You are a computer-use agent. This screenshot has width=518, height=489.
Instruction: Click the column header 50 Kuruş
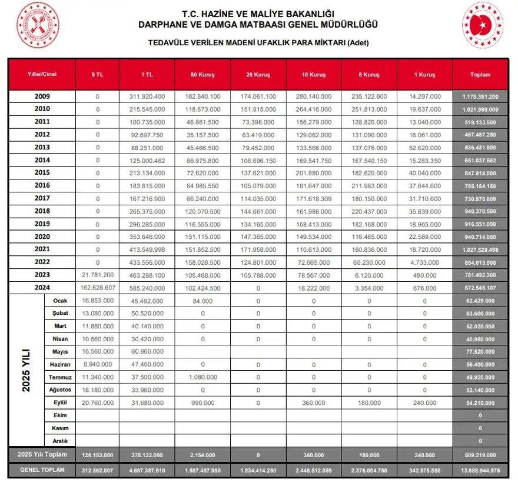point(202,75)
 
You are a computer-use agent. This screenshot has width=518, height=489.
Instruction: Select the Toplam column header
point(480,75)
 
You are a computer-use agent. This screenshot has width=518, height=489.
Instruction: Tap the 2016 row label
point(42,185)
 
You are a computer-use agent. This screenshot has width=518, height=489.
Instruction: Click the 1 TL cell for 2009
point(147,96)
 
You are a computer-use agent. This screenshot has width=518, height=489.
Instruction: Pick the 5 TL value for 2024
point(97,288)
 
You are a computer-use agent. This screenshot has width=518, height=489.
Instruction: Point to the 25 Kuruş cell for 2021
point(258,250)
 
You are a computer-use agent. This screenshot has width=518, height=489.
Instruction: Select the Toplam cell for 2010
point(480,109)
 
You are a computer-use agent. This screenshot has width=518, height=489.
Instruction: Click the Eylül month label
point(59,402)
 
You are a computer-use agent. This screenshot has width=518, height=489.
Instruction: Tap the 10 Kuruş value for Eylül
point(313,402)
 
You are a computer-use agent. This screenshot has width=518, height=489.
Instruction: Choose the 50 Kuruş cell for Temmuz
point(202,377)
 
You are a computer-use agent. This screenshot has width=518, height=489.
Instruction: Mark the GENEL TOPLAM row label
point(42,471)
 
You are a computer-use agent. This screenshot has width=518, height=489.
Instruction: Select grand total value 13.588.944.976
point(480,471)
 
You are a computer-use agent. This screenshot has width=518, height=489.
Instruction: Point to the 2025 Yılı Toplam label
point(42,454)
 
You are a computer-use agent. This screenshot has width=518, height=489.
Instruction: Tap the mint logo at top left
point(38,25)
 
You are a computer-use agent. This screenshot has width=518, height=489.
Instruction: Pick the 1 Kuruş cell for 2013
point(424,147)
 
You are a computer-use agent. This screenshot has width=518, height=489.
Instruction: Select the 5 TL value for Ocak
point(97,301)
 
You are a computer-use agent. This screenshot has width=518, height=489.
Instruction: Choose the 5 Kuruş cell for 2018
point(369,211)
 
